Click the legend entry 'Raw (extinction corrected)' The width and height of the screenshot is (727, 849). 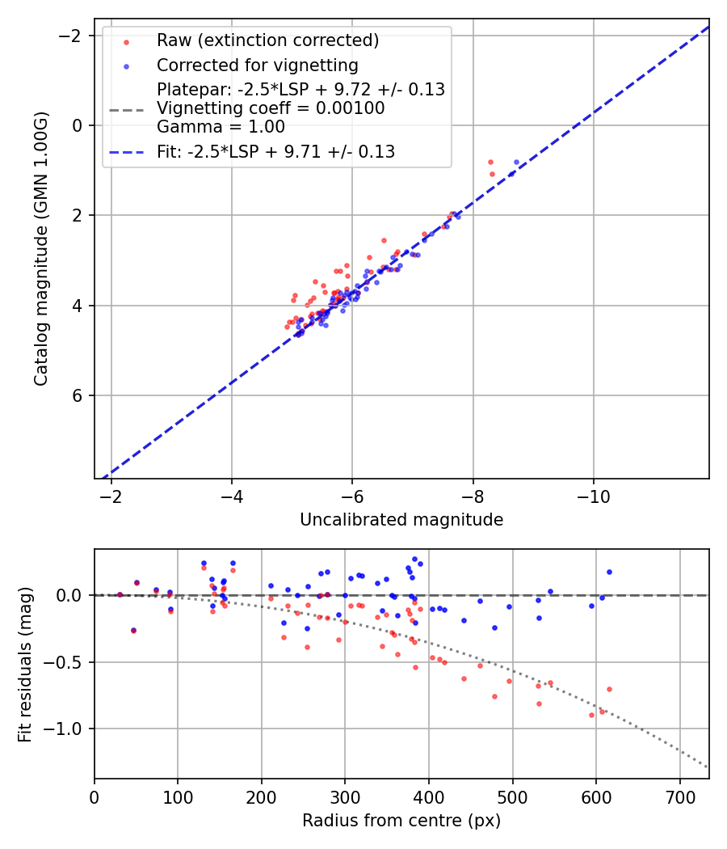[267, 40]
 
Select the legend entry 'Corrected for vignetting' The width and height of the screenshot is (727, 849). [258, 65]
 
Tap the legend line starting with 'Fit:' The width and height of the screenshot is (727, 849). [275, 151]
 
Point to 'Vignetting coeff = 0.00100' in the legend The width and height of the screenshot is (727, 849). [271, 108]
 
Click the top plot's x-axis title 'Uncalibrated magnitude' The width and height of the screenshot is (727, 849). [401, 520]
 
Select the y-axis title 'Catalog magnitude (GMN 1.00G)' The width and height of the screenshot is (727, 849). [42, 249]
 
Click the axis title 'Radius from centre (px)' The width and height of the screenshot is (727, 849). [401, 821]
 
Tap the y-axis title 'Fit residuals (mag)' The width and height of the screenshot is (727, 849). [25, 664]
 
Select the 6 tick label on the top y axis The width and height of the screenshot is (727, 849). [77, 395]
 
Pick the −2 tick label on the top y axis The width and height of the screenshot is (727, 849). [72, 36]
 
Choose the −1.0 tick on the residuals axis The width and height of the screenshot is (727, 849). [70, 729]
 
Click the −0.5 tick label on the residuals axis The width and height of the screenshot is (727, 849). [70, 662]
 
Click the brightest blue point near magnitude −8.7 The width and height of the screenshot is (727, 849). [517, 162]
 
